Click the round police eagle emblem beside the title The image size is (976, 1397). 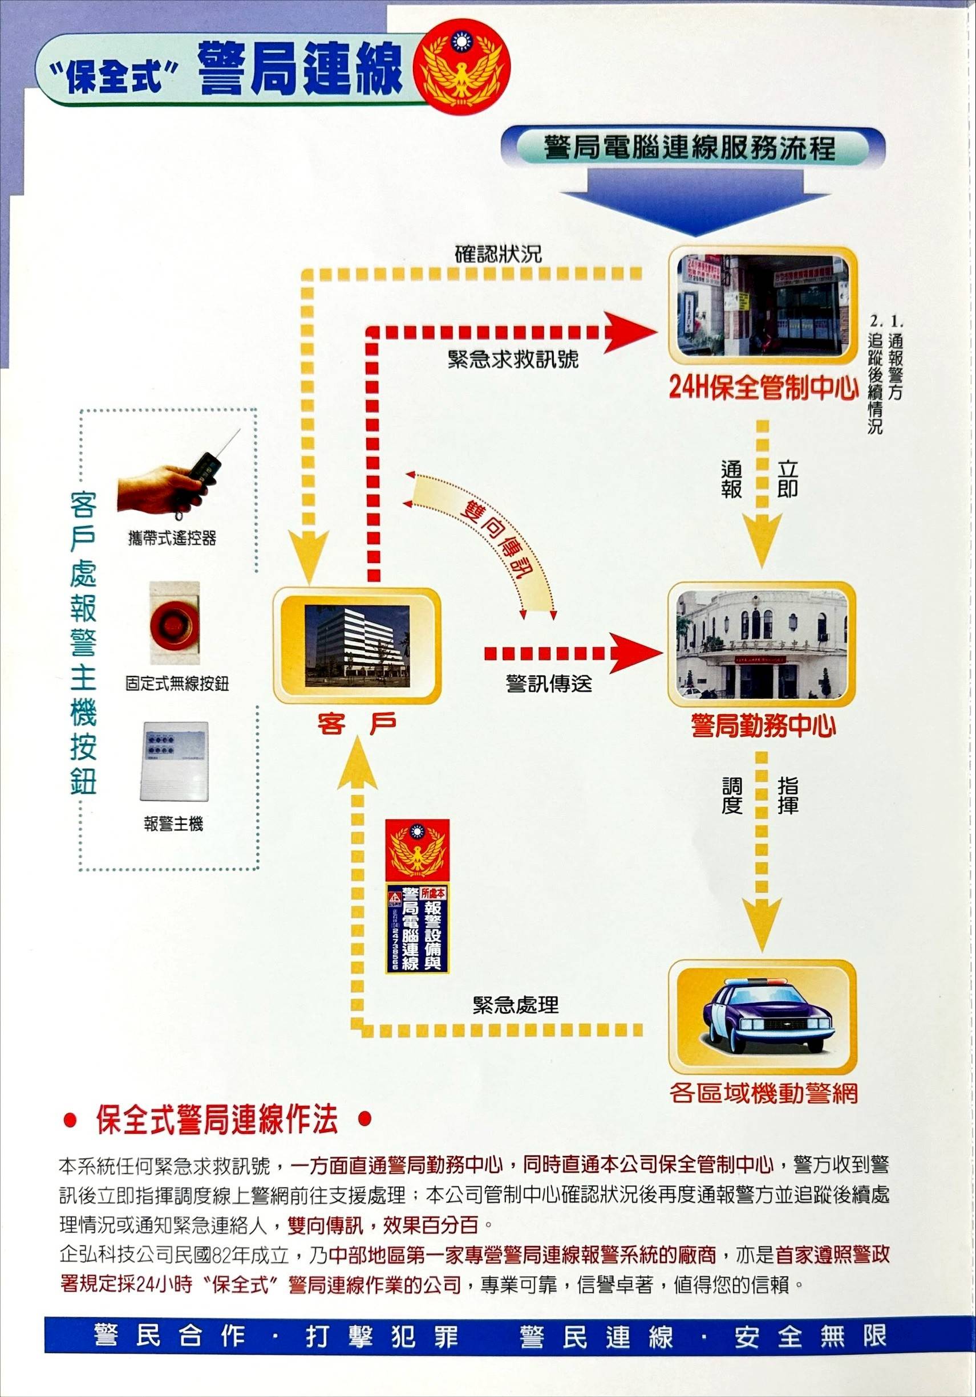tap(461, 66)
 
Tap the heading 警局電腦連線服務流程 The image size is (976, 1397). tap(689, 148)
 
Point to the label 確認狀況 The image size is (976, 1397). tap(498, 254)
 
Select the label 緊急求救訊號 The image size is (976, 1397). tap(513, 359)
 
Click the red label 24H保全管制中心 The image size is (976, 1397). tap(763, 388)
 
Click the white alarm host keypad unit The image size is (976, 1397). tap(175, 761)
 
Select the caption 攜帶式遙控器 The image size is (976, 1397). tap(172, 538)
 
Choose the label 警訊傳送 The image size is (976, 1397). tap(549, 684)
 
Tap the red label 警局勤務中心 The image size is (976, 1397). tap(763, 726)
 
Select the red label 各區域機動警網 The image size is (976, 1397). tap(763, 1093)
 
